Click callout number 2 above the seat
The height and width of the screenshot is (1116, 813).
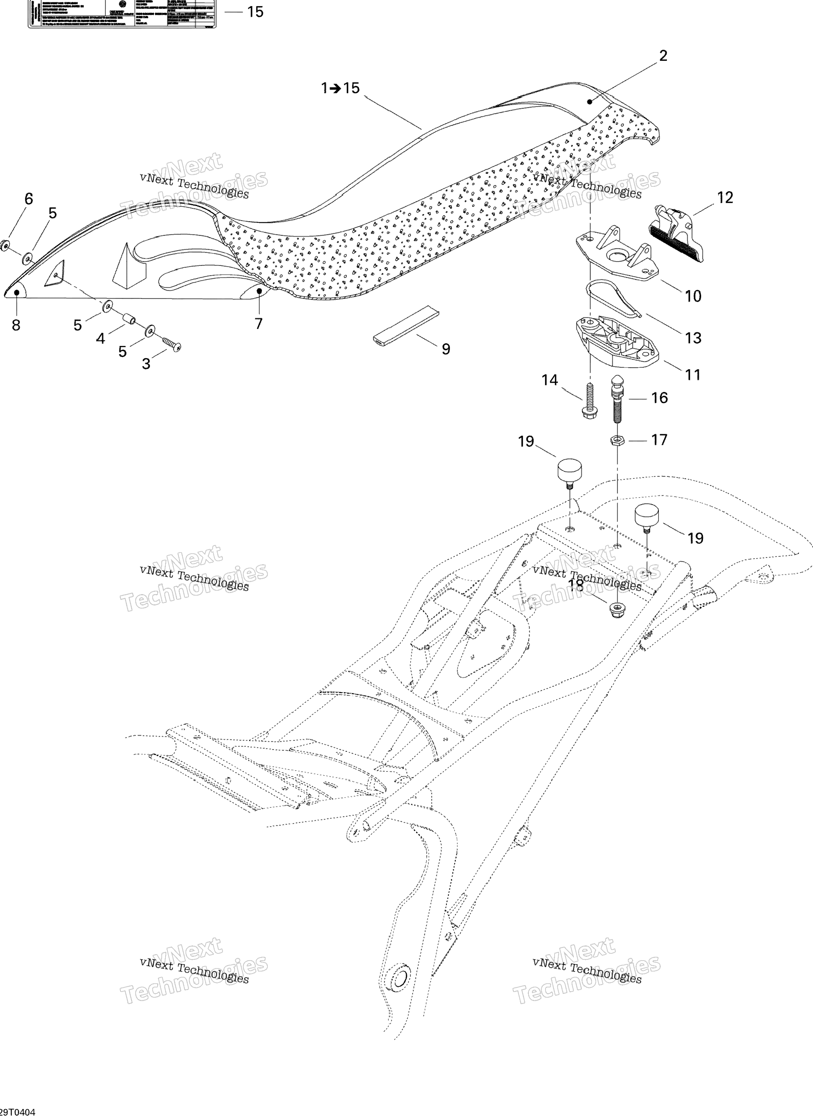(x=663, y=56)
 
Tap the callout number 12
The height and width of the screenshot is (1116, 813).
(x=725, y=197)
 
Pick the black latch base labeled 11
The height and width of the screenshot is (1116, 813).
(x=617, y=340)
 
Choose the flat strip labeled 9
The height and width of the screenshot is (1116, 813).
(x=406, y=326)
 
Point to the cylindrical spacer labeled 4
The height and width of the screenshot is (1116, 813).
(x=129, y=320)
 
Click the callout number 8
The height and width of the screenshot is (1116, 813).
(x=16, y=325)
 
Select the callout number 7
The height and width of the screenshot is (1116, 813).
(x=258, y=324)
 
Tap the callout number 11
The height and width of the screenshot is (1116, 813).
(x=693, y=375)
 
